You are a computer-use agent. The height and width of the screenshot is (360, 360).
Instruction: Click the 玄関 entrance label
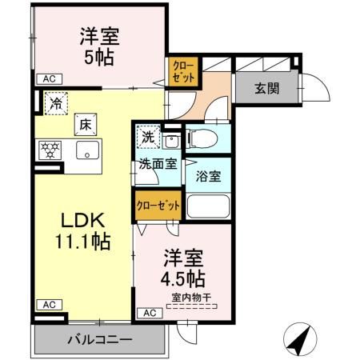[266, 89]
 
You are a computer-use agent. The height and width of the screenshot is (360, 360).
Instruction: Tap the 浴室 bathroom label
[210, 177]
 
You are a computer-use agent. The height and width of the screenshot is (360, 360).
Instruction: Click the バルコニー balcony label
[99, 341]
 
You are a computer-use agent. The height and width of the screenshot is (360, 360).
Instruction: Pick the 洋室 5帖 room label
[99, 46]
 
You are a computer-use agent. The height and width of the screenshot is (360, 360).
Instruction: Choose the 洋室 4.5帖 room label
[183, 269]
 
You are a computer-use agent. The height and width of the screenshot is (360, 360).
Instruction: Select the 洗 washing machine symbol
[147, 137]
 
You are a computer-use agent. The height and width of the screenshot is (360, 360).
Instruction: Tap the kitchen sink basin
[86, 150]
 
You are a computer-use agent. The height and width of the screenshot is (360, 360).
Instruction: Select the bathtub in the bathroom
[207, 206]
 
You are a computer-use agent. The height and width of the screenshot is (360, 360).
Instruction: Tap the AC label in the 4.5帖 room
[149, 313]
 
